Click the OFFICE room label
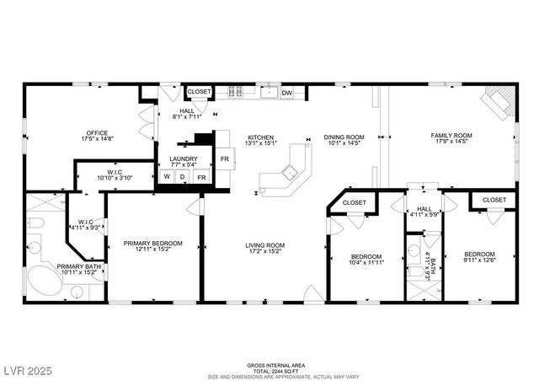(94, 133)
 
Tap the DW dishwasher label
(287, 93)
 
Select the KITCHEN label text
(260, 137)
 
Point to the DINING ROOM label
(344, 137)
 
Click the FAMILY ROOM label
(451, 135)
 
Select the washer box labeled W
(168, 177)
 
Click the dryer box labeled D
(183, 177)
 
